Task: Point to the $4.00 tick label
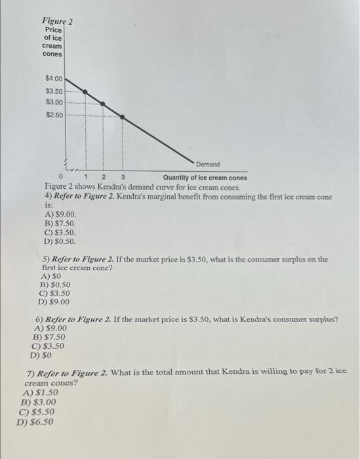[54, 79]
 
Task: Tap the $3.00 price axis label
[54, 102]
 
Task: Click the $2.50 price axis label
[54, 115]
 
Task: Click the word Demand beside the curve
[207, 165]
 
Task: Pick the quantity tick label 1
[87, 177]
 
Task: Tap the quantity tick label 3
[123, 177]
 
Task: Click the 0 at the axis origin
[61, 177]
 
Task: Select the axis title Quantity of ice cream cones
[205, 178]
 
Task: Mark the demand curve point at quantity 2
[103, 103]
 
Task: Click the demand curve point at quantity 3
[122, 116]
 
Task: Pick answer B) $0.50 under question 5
[56, 285]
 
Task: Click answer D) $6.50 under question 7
[36, 422]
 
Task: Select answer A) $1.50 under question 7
[39, 393]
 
